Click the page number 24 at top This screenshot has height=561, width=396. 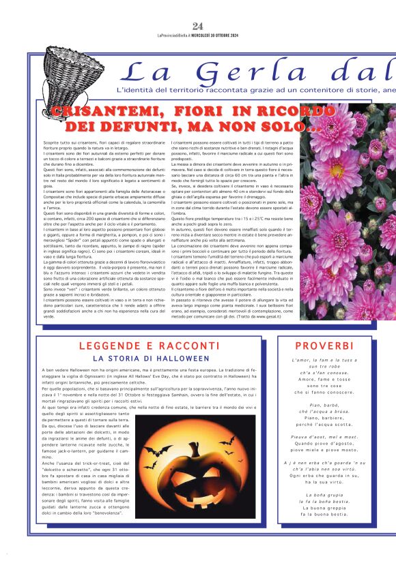point(199,27)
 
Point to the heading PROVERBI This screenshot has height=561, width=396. point(324,346)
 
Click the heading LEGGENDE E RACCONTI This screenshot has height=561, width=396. point(148,346)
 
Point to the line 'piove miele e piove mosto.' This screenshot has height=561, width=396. point(324,450)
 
